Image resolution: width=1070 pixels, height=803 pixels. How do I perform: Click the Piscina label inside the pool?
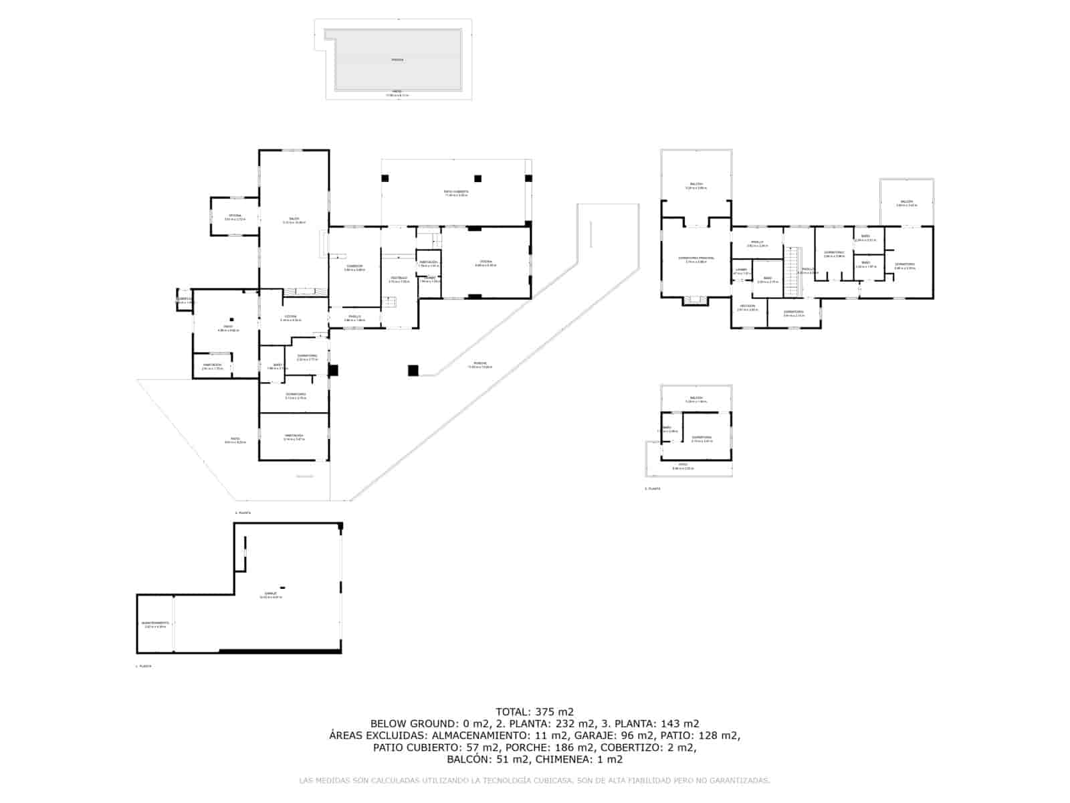[397, 60]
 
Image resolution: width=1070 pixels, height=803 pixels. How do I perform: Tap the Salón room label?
[294, 219]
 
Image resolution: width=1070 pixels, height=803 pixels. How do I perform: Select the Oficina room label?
[235, 216]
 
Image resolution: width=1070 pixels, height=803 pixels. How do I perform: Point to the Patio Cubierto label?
[456, 192]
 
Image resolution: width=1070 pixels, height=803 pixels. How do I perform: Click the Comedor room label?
[354, 267]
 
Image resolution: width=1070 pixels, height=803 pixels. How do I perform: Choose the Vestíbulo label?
[399, 278]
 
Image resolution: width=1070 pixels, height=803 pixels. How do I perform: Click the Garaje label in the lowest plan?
[271, 594]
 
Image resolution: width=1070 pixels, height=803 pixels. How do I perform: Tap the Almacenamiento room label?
[155, 624]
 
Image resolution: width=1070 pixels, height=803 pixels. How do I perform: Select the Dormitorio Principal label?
[696, 259]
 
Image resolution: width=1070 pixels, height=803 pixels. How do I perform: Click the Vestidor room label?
[748, 307]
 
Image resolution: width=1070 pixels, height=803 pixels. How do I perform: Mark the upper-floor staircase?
[792, 271]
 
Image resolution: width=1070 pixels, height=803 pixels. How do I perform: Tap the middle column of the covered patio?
[478, 178]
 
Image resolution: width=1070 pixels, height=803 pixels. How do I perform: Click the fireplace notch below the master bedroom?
[696, 301]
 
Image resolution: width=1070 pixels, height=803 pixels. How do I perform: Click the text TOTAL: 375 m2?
[534, 712]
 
